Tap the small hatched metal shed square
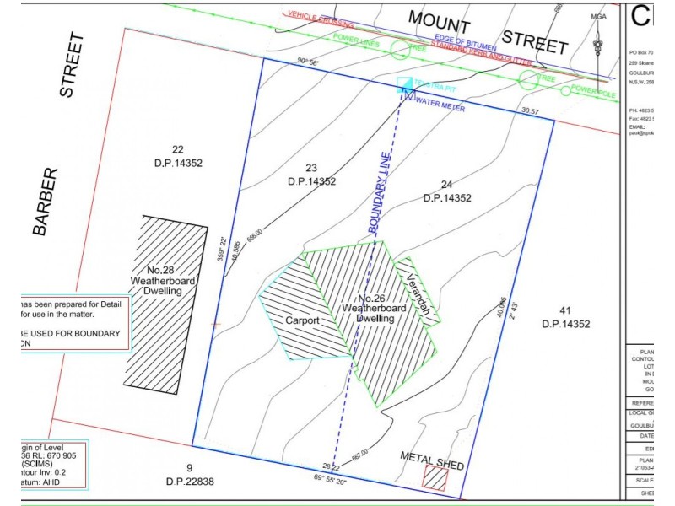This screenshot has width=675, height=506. [x=435, y=479]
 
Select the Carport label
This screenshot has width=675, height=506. [x=300, y=322]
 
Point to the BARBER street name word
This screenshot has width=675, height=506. [x=47, y=200]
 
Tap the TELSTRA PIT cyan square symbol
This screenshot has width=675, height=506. [x=404, y=83]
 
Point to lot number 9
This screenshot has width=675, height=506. [x=189, y=467]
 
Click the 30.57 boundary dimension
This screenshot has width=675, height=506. [x=530, y=111]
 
